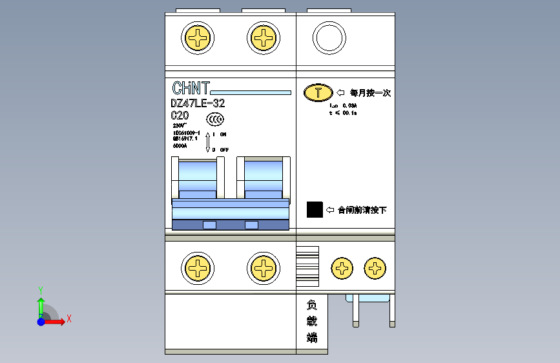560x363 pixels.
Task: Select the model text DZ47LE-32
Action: [198, 103]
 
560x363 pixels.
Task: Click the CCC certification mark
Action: [215, 119]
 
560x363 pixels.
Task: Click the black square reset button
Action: [315, 209]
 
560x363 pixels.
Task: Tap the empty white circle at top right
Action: [329, 38]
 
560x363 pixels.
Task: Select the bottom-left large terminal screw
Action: [198, 268]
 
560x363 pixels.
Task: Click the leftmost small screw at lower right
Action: [342, 268]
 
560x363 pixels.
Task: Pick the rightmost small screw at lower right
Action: [375, 268]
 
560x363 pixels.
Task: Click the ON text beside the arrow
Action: [223, 134]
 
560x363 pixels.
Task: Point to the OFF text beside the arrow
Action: [224, 150]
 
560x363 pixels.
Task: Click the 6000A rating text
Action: [180, 146]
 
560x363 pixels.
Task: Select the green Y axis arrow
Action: [40, 304]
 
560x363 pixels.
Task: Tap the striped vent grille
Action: [307, 265]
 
